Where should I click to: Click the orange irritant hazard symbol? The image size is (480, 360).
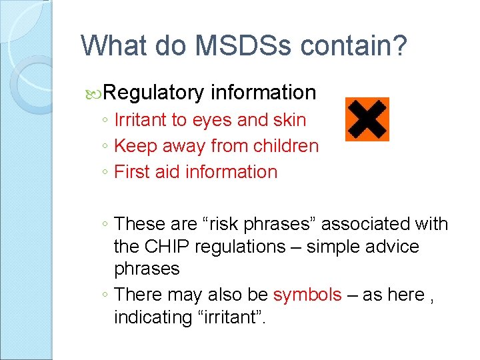367,119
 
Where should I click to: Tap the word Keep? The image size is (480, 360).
135,145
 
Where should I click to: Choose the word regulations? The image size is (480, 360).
243,246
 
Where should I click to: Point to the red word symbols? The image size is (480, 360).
307,295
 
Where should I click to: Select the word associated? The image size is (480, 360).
366,224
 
